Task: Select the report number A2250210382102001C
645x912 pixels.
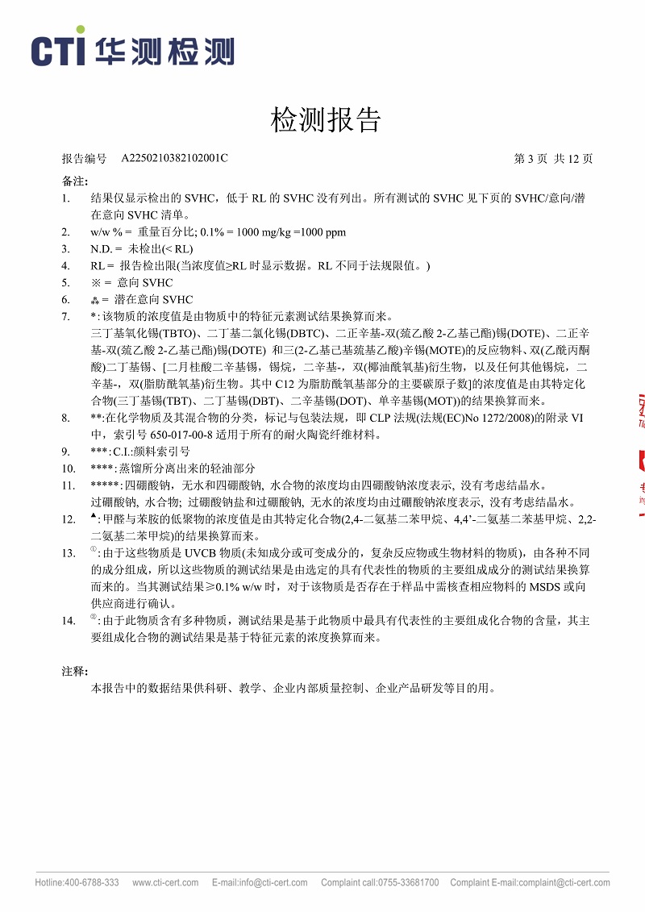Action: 174,158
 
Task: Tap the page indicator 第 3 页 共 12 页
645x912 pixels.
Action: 553,158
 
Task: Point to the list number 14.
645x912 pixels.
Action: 69,621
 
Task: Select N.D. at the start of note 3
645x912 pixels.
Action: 101,248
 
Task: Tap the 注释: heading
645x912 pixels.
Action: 75,671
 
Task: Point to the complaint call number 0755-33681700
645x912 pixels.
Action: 410,883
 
